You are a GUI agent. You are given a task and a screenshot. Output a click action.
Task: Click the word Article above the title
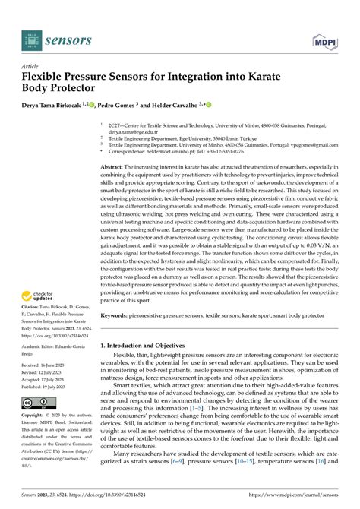[32, 67]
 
